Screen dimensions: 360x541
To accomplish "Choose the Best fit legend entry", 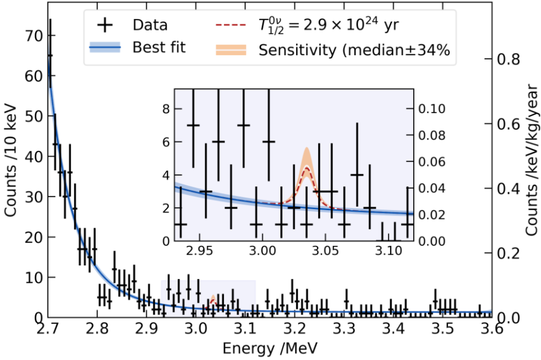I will pos(159,48).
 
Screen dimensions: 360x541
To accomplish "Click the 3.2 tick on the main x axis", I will pos(295,328).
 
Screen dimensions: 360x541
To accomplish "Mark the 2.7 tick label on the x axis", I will pos(48,328).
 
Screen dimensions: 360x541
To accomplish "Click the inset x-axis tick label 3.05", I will pos(325,252).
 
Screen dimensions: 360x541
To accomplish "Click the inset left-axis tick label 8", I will pos(166,109).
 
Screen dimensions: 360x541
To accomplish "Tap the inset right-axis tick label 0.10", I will pos(430,109).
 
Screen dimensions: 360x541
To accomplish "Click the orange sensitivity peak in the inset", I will pos(307,157).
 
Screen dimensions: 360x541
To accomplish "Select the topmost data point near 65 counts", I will pos(50,55).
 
